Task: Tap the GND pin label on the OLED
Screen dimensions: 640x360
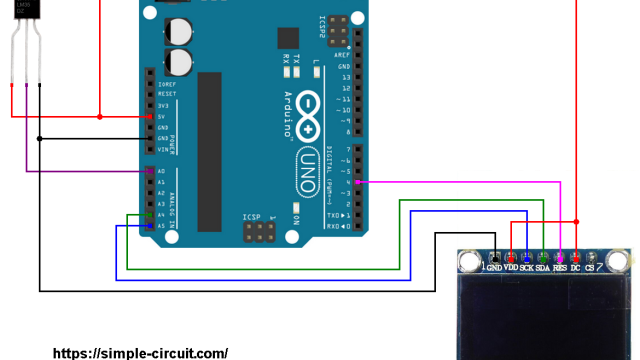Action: [494, 269]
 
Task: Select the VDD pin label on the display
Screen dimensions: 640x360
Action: [510, 269]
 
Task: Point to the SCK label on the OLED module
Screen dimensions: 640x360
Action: [526, 269]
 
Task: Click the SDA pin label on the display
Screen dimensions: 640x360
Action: [542, 269]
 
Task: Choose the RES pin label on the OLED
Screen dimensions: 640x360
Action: [559, 269]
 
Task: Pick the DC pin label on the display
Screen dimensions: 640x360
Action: [575, 269]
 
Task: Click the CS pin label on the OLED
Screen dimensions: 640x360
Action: [590, 269]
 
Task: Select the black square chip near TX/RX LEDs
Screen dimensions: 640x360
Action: [288, 38]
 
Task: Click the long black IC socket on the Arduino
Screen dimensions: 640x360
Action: [209, 150]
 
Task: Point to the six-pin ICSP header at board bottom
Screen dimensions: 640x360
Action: [259, 233]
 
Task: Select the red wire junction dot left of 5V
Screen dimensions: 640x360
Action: [100, 117]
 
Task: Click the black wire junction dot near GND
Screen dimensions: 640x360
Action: [39, 138]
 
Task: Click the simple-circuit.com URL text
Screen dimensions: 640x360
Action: [139, 353]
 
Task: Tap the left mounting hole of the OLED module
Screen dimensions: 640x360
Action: [468, 263]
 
